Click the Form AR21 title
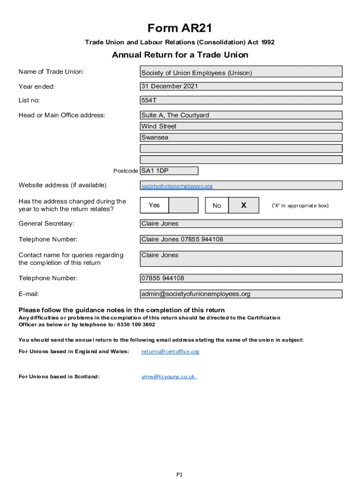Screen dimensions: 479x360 click(x=180, y=29)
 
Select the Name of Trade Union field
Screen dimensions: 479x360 click(x=241, y=72)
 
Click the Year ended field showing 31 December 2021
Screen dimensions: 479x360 click(x=241, y=87)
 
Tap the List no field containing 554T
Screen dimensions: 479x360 click(x=241, y=100)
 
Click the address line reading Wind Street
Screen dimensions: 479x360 click(x=241, y=126)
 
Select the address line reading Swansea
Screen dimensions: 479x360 click(x=241, y=138)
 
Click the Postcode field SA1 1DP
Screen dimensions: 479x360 click(x=169, y=171)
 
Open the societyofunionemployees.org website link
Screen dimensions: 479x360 click(x=177, y=186)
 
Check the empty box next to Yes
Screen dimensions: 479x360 click(x=183, y=205)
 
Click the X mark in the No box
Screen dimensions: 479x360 click(x=244, y=205)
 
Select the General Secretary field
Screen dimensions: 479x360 click(x=241, y=224)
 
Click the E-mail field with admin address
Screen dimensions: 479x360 click(x=241, y=294)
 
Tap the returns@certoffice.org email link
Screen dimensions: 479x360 click(x=170, y=351)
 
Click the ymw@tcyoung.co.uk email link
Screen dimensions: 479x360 click(x=169, y=376)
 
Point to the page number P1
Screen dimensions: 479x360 click(x=180, y=474)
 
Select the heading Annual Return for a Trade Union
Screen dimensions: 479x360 click(x=180, y=55)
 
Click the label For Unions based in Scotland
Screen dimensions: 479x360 click(x=59, y=376)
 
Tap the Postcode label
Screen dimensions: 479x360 click(x=126, y=171)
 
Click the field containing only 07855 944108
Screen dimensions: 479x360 click(x=241, y=278)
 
